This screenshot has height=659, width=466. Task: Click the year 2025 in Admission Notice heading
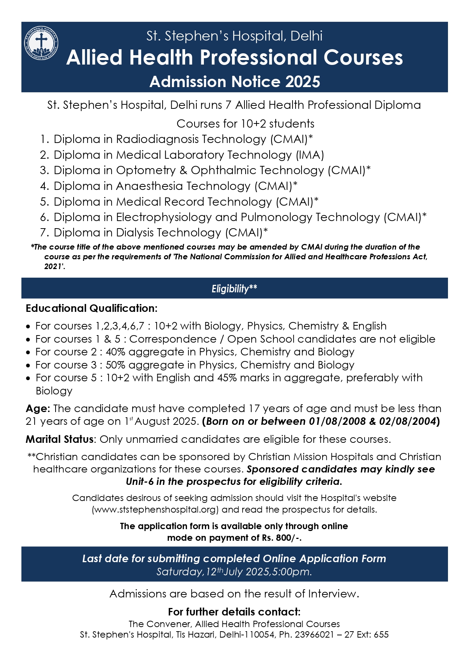pyautogui.click(x=302, y=82)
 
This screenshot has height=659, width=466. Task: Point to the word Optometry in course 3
pyautogui.click(x=146, y=170)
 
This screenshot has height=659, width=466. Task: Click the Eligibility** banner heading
pyautogui.click(x=234, y=289)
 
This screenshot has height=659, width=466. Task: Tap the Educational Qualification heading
pyautogui.click(x=92, y=308)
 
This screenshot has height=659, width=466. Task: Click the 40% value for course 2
pyautogui.click(x=114, y=352)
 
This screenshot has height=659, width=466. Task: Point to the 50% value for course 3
pyautogui.click(x=114, y=365)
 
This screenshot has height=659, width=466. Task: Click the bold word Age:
pyautogui.click(x=38, y=408)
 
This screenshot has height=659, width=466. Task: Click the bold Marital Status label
pyautogui.click(x=59, y=439)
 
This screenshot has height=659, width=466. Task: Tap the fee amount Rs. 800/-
pyautogui.click(x=282, y=538)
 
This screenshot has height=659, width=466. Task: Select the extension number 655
pyautogui.click(x=381, y=635)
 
